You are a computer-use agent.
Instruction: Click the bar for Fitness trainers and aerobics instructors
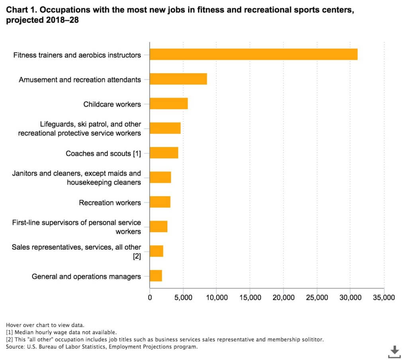pos(253,54)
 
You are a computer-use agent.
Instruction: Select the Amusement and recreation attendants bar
pos(178,79)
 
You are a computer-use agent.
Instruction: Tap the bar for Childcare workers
pos(169,104)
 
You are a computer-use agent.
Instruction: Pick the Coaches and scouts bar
pos(164,153)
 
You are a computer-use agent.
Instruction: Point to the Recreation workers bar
pos(160,202)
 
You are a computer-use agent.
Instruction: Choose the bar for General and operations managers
pos(156,276)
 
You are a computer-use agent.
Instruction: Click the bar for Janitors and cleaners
pos(160,177)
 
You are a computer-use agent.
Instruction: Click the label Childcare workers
pos(112,104)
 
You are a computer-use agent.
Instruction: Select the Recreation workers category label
pos(110,203)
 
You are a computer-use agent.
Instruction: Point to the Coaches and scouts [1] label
pos(103,153)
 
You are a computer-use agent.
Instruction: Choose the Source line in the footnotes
pos(102,347)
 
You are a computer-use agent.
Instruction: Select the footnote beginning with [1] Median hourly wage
pos(61,333)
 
